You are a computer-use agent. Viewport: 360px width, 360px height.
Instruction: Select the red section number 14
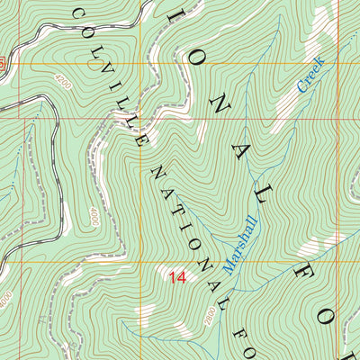point(176,279)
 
